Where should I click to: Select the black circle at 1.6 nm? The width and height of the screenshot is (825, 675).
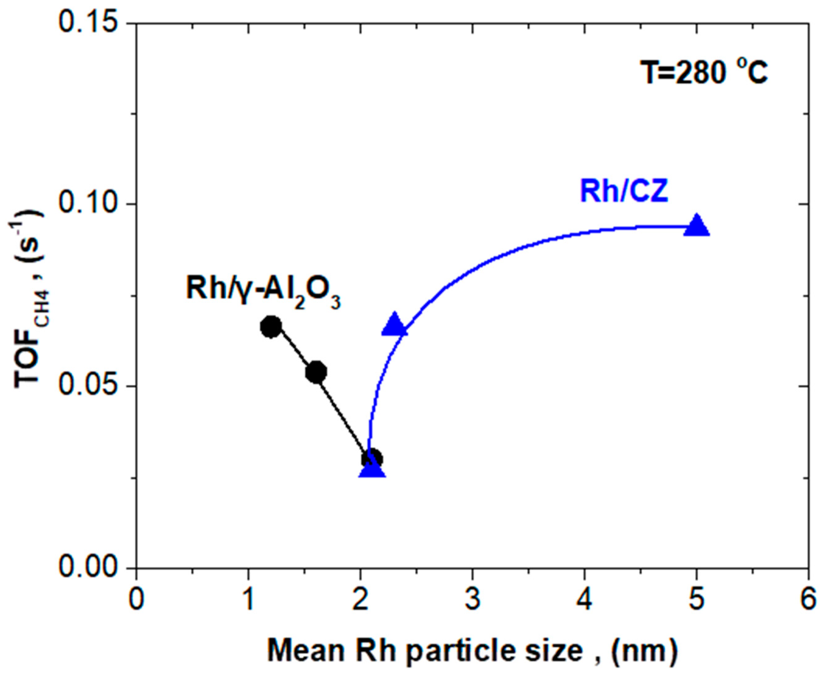316,372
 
